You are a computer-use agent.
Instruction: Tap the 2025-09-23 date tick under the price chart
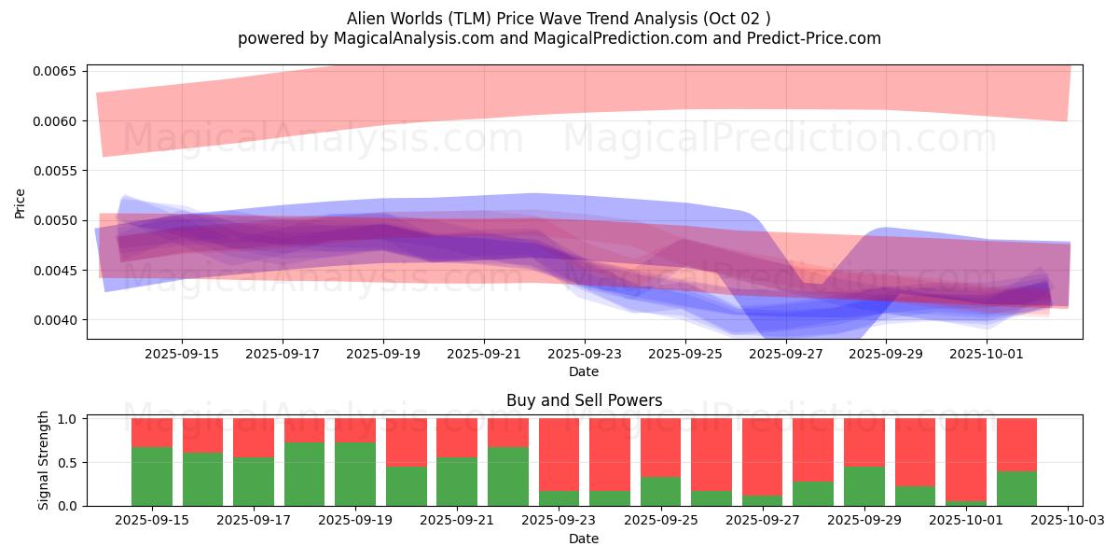pyautogui.click(x=584, y=354)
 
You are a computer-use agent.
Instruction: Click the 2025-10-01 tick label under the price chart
pyautogui.click(x=987, y=354)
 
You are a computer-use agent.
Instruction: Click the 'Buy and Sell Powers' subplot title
pyautogui.click(x=584, y=400)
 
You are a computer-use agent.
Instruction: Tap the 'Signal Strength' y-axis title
pyautogui.click(x=43, y=461)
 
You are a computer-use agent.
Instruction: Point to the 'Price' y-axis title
pyautogui.click(x=21, y=203)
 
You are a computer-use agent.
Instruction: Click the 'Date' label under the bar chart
pyautogui.click(x=584, y=539)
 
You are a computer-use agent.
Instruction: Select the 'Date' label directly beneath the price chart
pyautogui.click(x=584, y=371)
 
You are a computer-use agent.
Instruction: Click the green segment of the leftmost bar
pyautogui.click(x=152, y=476)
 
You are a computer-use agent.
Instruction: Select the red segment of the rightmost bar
pyautogui.click(x=1016, y=444)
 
